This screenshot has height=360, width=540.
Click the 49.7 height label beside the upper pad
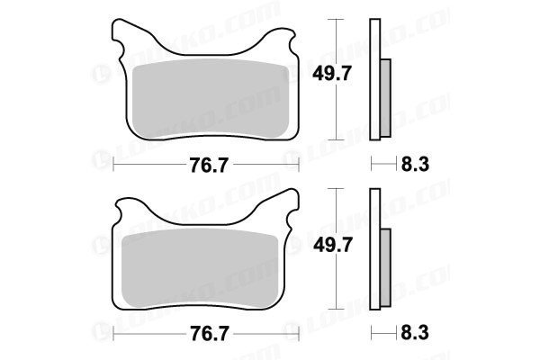(331, 74)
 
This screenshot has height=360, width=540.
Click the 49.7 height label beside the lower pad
(332, 246)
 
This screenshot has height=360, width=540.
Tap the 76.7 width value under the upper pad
(209, 166)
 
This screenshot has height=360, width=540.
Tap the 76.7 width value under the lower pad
(209, 334)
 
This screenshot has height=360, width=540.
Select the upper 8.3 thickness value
(415, 165)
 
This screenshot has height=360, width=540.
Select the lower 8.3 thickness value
(415, 333)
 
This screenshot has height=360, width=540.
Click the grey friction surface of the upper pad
(211, 99)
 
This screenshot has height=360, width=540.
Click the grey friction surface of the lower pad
(201, 269)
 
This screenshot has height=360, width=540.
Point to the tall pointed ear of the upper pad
(121, 31)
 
